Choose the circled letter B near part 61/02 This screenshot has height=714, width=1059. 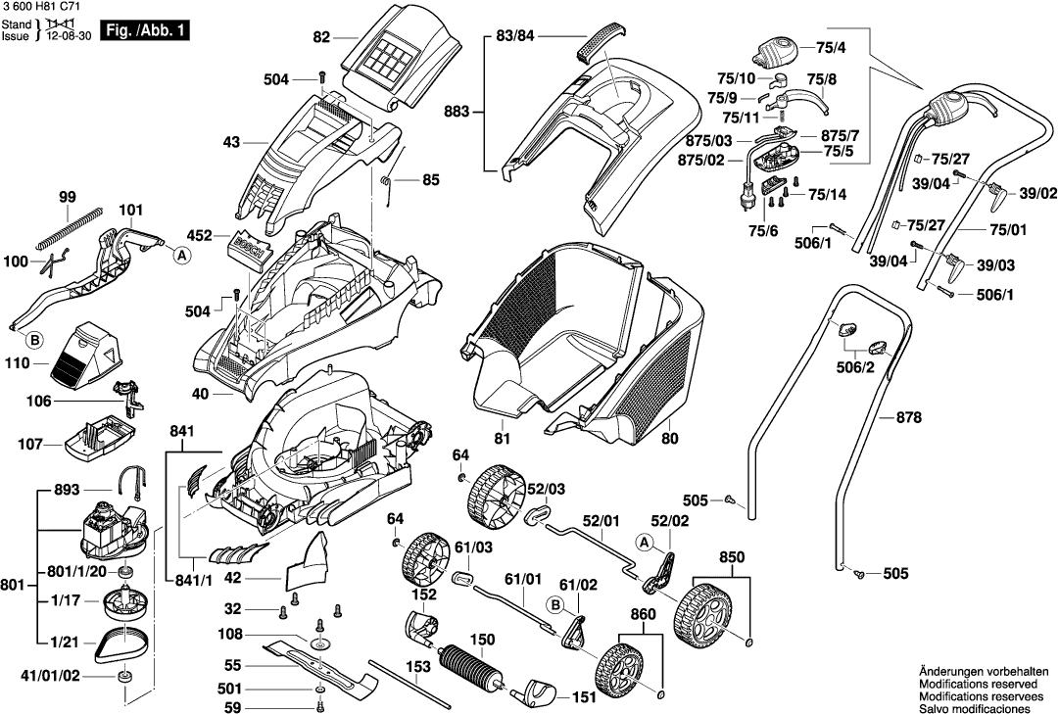pos(554,607)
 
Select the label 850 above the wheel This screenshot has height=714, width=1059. pos(732,555)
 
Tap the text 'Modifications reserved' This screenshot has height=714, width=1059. pos(980,682)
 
